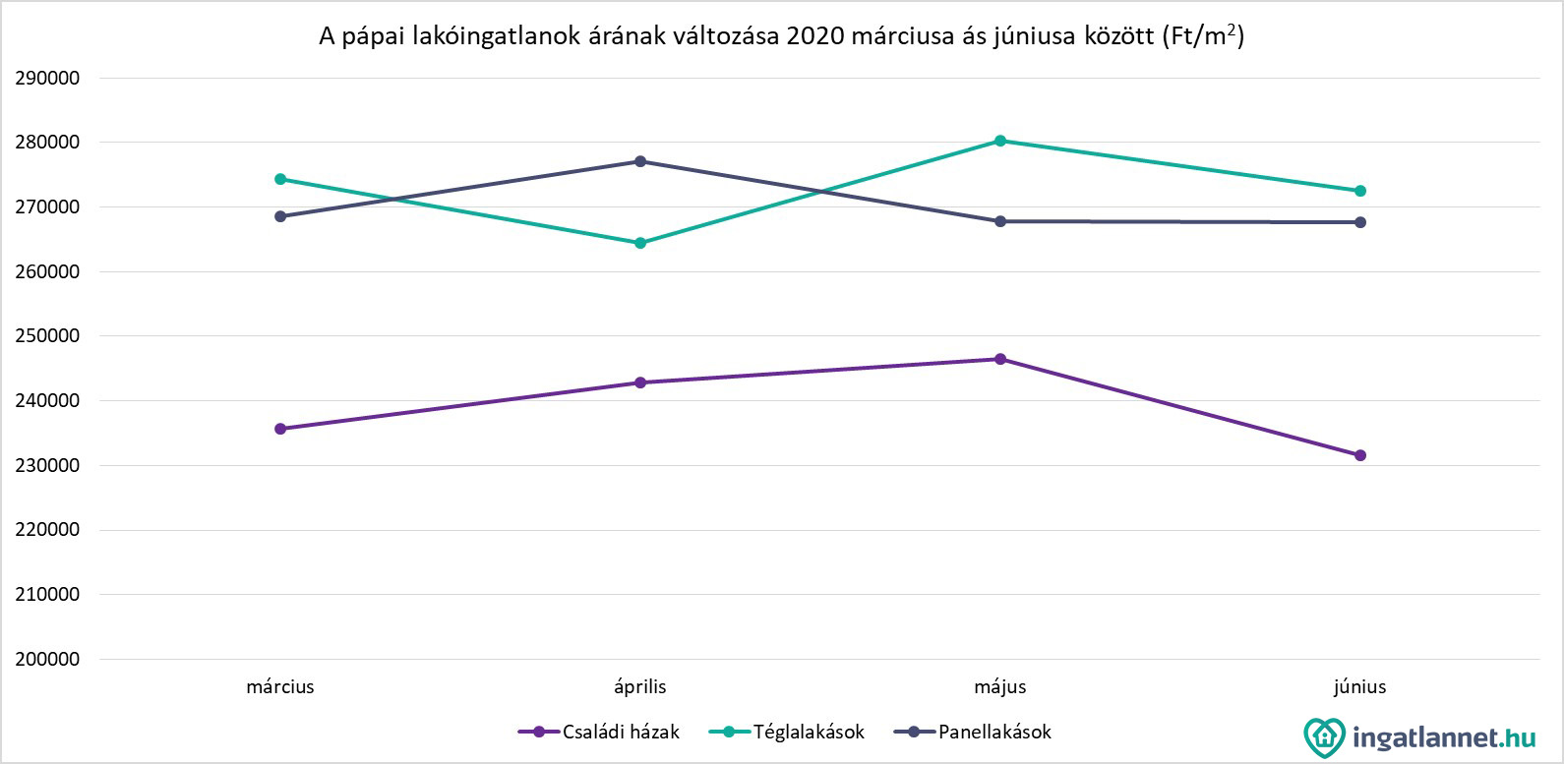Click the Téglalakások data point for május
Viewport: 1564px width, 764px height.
(x=1000, y=141)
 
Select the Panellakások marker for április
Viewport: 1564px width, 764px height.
(x=640, y=161)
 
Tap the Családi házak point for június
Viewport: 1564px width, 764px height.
(x=1360, y=455)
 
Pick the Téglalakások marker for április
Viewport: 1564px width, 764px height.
(x=640, y=243)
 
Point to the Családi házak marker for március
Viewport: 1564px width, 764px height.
(x=280, y=429)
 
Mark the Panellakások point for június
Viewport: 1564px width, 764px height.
(x=1360, y=222)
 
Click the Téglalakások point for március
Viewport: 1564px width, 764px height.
(x=280, y=179)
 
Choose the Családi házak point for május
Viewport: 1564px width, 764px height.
(x=1000, y=359)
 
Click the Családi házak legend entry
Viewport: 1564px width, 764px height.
(x=599, y=732)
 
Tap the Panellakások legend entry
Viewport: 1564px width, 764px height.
(x=974, y=732)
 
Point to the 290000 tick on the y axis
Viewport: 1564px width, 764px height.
(x=47, y=78)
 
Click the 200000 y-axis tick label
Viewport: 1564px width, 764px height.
(x=47, y=659)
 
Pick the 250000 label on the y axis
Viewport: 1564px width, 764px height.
(x=47, y=336)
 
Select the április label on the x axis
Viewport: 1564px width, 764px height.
(x=640, y=686)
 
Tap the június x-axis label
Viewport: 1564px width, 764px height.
(x=1360, y=686)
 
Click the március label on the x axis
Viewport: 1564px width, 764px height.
(x=280, y=686)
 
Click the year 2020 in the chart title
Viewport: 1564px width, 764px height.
(x=815, y=37)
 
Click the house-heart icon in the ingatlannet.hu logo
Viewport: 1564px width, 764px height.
(x=1324, y=736)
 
